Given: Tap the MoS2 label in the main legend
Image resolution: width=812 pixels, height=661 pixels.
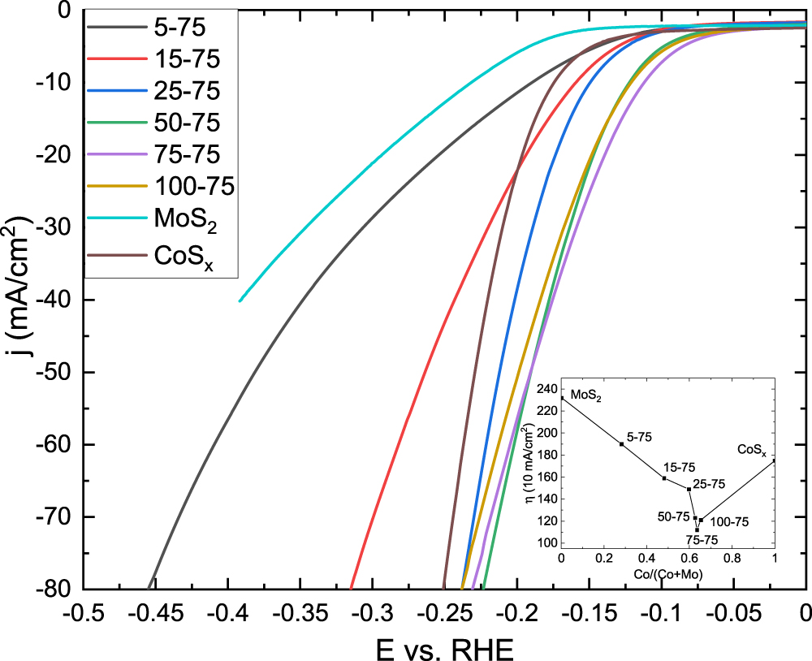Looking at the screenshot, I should coord(184,218).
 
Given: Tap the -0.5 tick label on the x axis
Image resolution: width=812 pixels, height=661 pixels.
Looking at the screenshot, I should coord(85,611).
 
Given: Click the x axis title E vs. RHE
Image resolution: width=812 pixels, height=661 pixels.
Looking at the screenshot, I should coord(443,646).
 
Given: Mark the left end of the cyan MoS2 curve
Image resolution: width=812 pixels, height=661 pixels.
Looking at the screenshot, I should coord(240,301).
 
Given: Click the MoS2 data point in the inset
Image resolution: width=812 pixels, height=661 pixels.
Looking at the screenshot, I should coord(561,398).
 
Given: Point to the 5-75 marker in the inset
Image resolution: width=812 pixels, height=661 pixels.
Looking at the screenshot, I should coord(621,444).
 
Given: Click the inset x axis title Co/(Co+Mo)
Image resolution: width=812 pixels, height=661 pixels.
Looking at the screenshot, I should coord(667,574).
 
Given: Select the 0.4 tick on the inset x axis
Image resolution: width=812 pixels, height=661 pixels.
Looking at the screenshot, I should coord(646,559).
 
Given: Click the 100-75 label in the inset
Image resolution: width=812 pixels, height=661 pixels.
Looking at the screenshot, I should coord(729,522).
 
